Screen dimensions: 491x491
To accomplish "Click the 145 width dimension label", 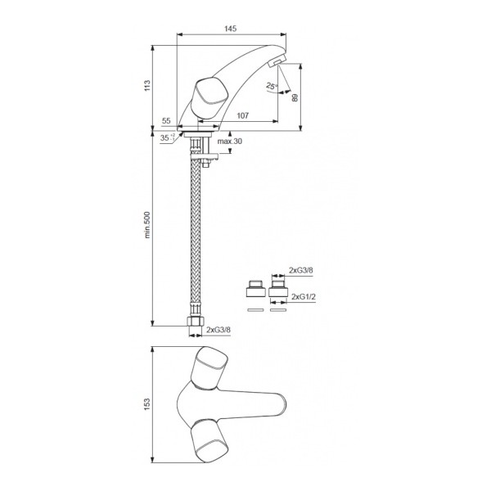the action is (x=230, y=29).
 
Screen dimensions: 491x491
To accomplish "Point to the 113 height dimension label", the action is (x=147, y=86).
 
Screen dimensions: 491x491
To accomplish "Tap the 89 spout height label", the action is (x=295, y=97).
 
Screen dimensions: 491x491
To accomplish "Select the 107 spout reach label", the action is (x=243, y=115).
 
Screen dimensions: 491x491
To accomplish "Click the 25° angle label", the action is (x=272, y=85).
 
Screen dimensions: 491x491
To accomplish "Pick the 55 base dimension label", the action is (x=166, y=121).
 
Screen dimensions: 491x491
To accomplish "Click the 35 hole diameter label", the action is (x=167, y=137).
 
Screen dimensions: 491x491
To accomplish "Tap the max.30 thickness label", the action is (x=230, y=142).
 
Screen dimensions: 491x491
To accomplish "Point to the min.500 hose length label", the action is (x=147, y=225).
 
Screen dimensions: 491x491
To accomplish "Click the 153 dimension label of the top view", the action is (x=147, y=404).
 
